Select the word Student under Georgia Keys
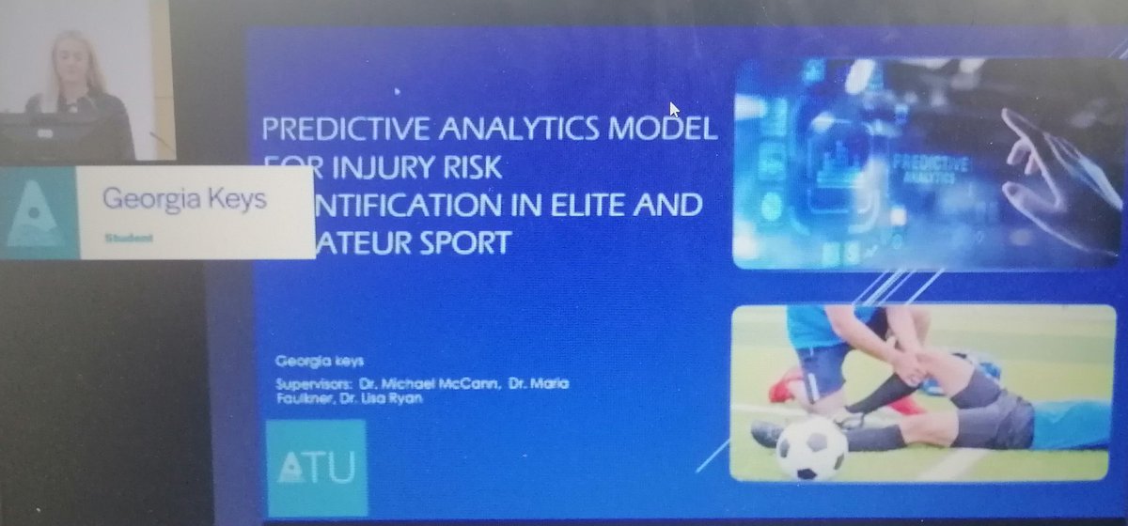pyautogui.click(x=129, y=239)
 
